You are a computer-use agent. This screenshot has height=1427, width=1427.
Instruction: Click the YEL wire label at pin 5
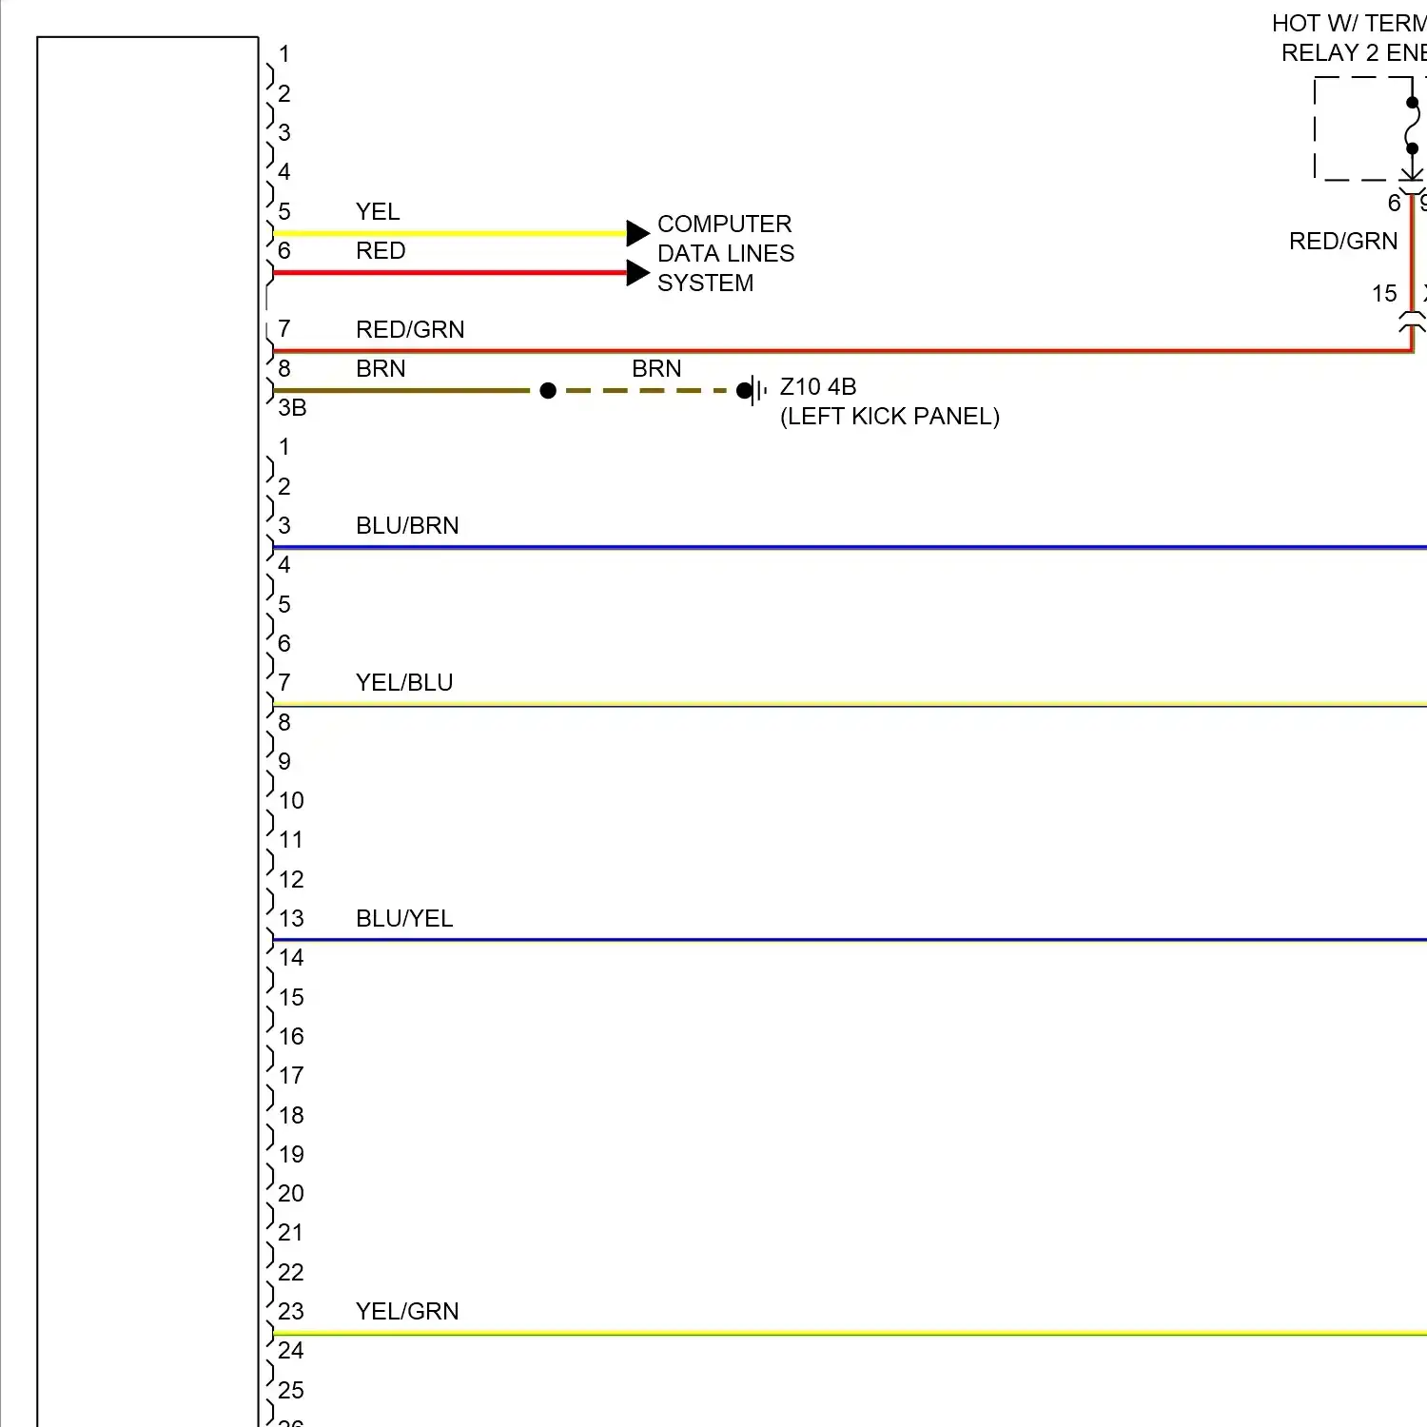378,211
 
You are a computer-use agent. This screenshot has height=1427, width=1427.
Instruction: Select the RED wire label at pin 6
381,250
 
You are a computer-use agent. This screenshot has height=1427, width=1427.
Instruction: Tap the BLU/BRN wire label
407,525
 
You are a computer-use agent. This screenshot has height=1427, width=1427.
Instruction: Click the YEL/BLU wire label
404,682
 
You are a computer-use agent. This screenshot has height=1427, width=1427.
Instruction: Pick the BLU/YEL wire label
404,918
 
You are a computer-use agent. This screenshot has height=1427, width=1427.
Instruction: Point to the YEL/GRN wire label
407,1311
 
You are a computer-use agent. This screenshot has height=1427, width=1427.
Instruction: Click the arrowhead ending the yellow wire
637,233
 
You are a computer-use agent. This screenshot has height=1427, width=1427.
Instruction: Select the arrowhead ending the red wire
637,273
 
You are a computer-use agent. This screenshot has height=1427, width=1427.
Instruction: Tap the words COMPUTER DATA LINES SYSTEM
725,253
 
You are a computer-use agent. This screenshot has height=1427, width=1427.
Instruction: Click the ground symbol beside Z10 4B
755,390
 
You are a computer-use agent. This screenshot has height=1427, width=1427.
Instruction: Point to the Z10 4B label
818,386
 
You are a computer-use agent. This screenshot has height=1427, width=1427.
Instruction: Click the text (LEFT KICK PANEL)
889,416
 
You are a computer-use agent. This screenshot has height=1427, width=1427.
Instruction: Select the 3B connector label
292,407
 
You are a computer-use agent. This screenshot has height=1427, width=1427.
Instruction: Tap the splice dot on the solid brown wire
548,390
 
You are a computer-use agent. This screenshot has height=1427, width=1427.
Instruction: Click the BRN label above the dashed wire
656,368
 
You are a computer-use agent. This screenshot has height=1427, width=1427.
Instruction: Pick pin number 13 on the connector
291,918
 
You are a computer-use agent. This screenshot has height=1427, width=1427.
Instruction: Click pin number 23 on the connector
291,1311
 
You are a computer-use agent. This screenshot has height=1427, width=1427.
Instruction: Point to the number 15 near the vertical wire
1384,293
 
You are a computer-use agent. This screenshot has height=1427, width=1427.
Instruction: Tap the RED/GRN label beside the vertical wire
1343,241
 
